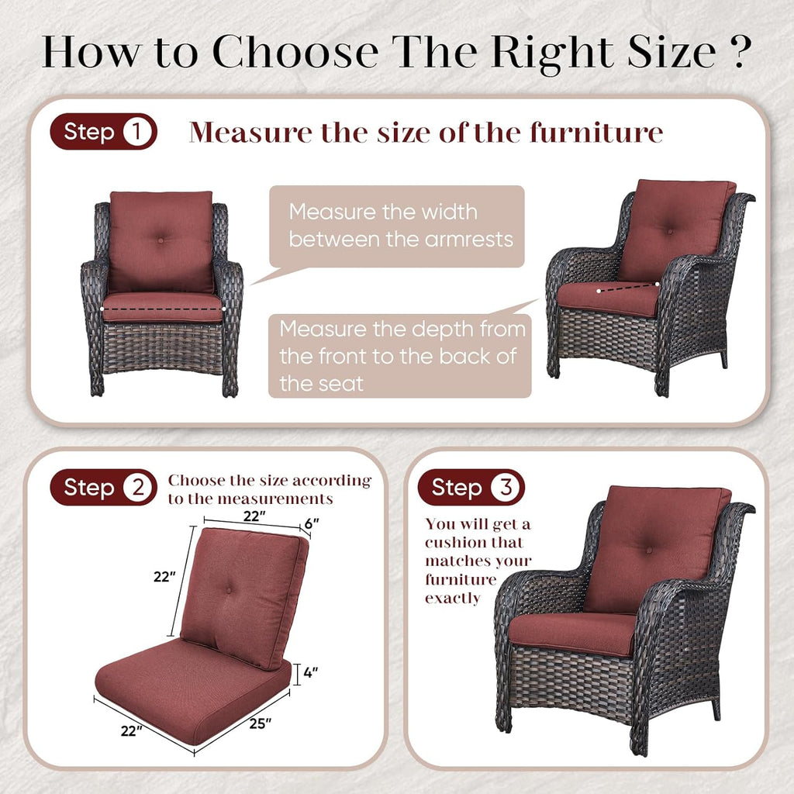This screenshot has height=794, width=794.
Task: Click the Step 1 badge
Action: click(103, 132)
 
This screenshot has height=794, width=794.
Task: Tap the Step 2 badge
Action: click(103, 487)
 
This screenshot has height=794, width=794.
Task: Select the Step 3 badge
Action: click(471, 487)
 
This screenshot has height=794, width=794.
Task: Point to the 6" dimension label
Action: click(312, 523)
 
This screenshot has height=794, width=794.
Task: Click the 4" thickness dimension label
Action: click(310, 672)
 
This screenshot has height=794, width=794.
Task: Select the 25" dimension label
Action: click(261, 723)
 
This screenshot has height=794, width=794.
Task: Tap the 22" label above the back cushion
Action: click(254, 516)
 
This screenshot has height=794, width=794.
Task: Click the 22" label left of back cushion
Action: click(164, 576)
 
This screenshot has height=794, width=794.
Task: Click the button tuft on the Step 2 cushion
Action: click(229, 590)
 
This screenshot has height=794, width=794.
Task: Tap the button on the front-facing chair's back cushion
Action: click(161, 240)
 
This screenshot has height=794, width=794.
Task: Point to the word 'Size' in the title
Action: click(671, 52)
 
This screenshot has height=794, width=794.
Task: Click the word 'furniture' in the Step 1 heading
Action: click(596, 132)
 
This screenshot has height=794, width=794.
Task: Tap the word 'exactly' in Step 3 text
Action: click(453, 598)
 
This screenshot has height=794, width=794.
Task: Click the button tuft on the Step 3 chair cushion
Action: click(649, 550)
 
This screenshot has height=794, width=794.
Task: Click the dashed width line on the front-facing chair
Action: click(163, 309)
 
